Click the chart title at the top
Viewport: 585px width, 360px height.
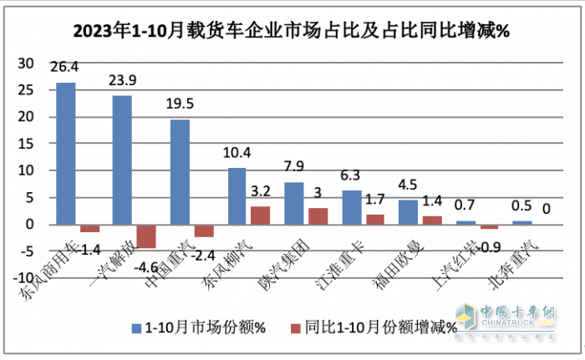pos(292,32)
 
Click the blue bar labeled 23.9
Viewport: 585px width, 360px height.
pos(122,160)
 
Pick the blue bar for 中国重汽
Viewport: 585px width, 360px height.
pos(180,172)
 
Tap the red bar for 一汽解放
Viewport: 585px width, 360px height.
pos(146,236)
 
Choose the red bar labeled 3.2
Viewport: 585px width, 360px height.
pos(261,215)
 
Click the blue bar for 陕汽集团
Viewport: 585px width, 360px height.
pos(293,203)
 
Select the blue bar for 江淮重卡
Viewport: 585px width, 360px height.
pos(351,207)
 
